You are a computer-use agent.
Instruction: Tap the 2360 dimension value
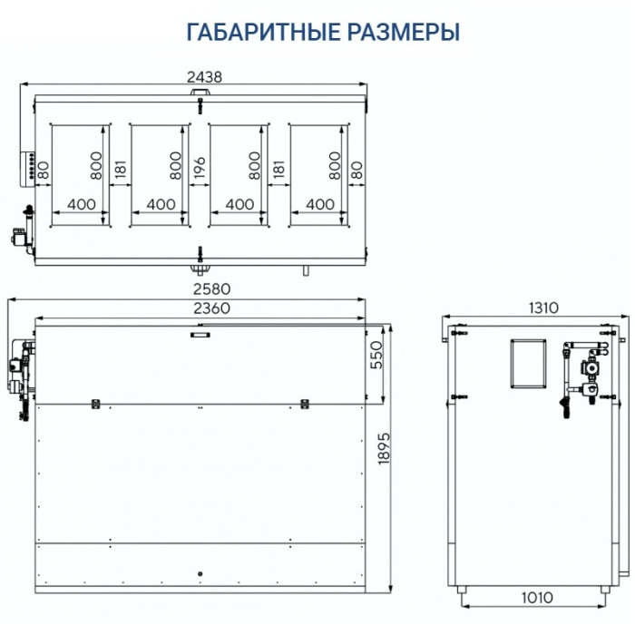[211, 308]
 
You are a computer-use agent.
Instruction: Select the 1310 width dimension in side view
[542, 308]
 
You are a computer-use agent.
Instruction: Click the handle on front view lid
[198, 335]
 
